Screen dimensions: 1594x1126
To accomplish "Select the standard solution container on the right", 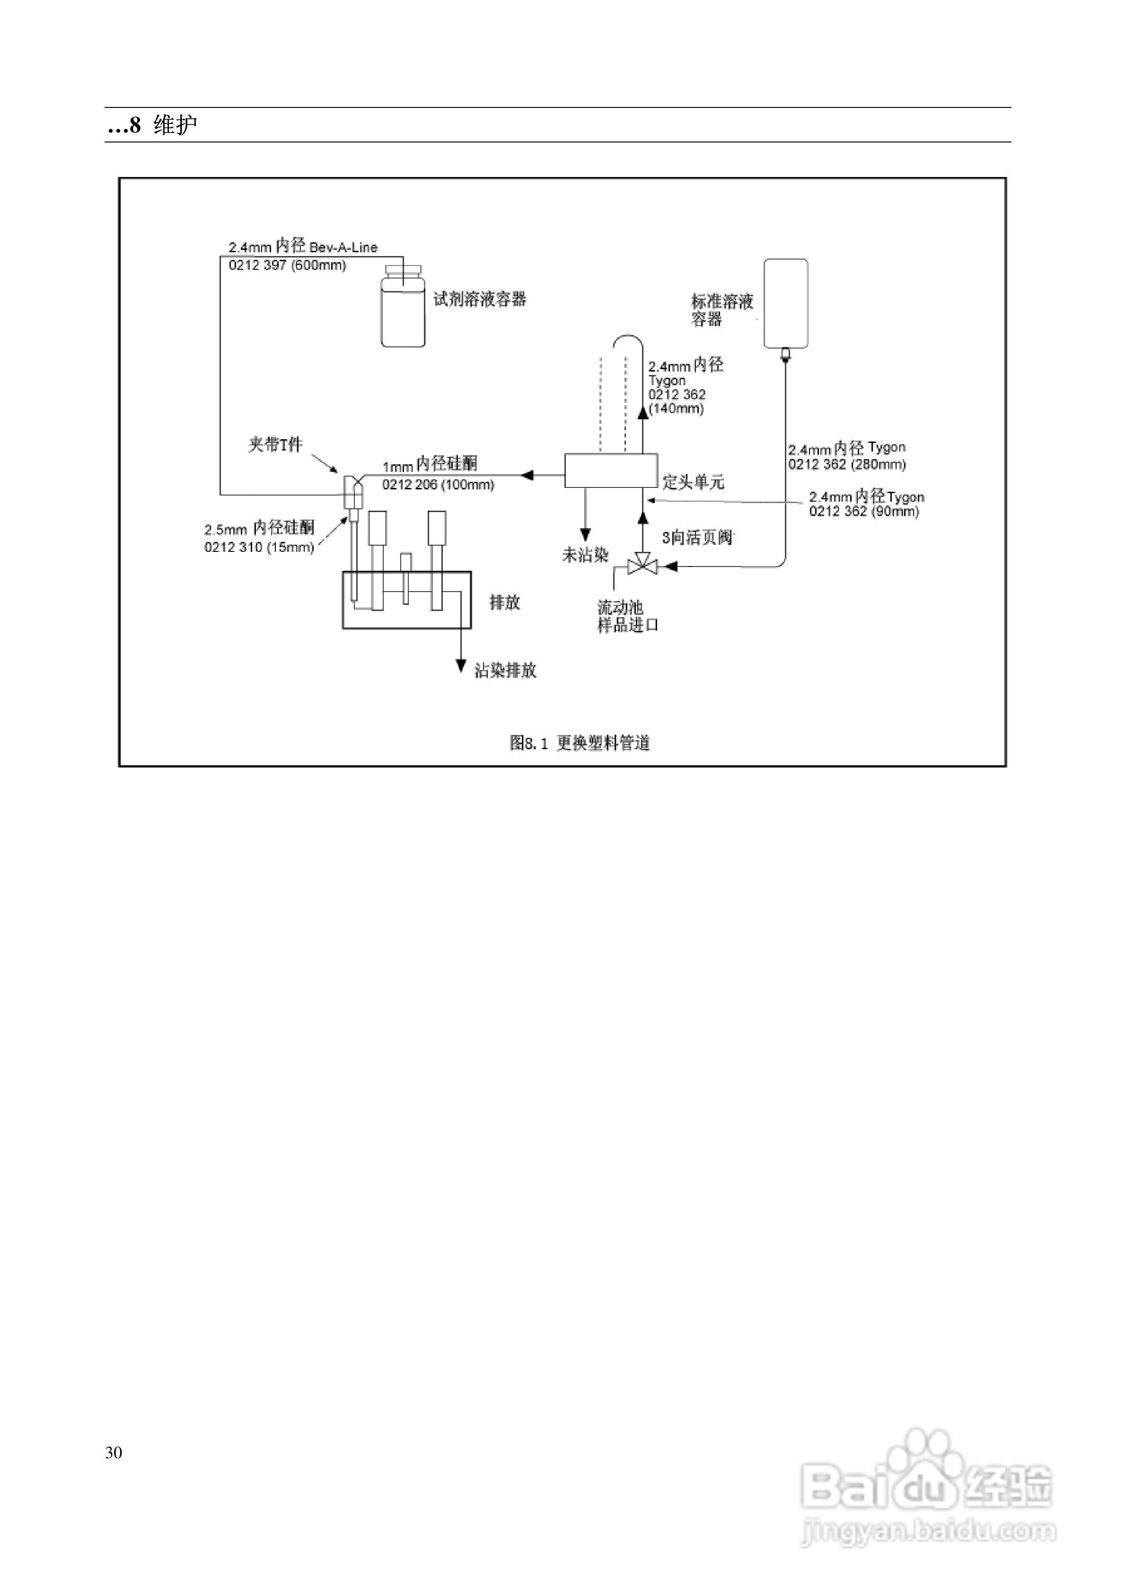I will point(785,303).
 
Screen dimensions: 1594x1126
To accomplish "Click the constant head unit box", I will point(611,471).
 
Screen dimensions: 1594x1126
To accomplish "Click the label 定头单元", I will point(693,482).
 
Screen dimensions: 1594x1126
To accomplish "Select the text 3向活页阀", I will point(697,537).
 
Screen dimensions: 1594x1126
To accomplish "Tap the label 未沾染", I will point(585,555).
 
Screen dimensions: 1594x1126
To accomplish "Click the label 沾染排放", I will point(505,671).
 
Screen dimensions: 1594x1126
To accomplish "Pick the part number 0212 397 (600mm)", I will point(287,265).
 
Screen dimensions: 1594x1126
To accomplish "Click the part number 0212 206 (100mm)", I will point(438,485).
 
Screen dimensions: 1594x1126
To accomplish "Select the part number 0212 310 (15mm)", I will point(259,547).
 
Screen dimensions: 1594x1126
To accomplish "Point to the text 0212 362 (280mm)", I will point(847,464).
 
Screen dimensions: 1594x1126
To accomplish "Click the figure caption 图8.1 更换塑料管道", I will point(580,743).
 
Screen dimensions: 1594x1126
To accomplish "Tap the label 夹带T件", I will point(276,444).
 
